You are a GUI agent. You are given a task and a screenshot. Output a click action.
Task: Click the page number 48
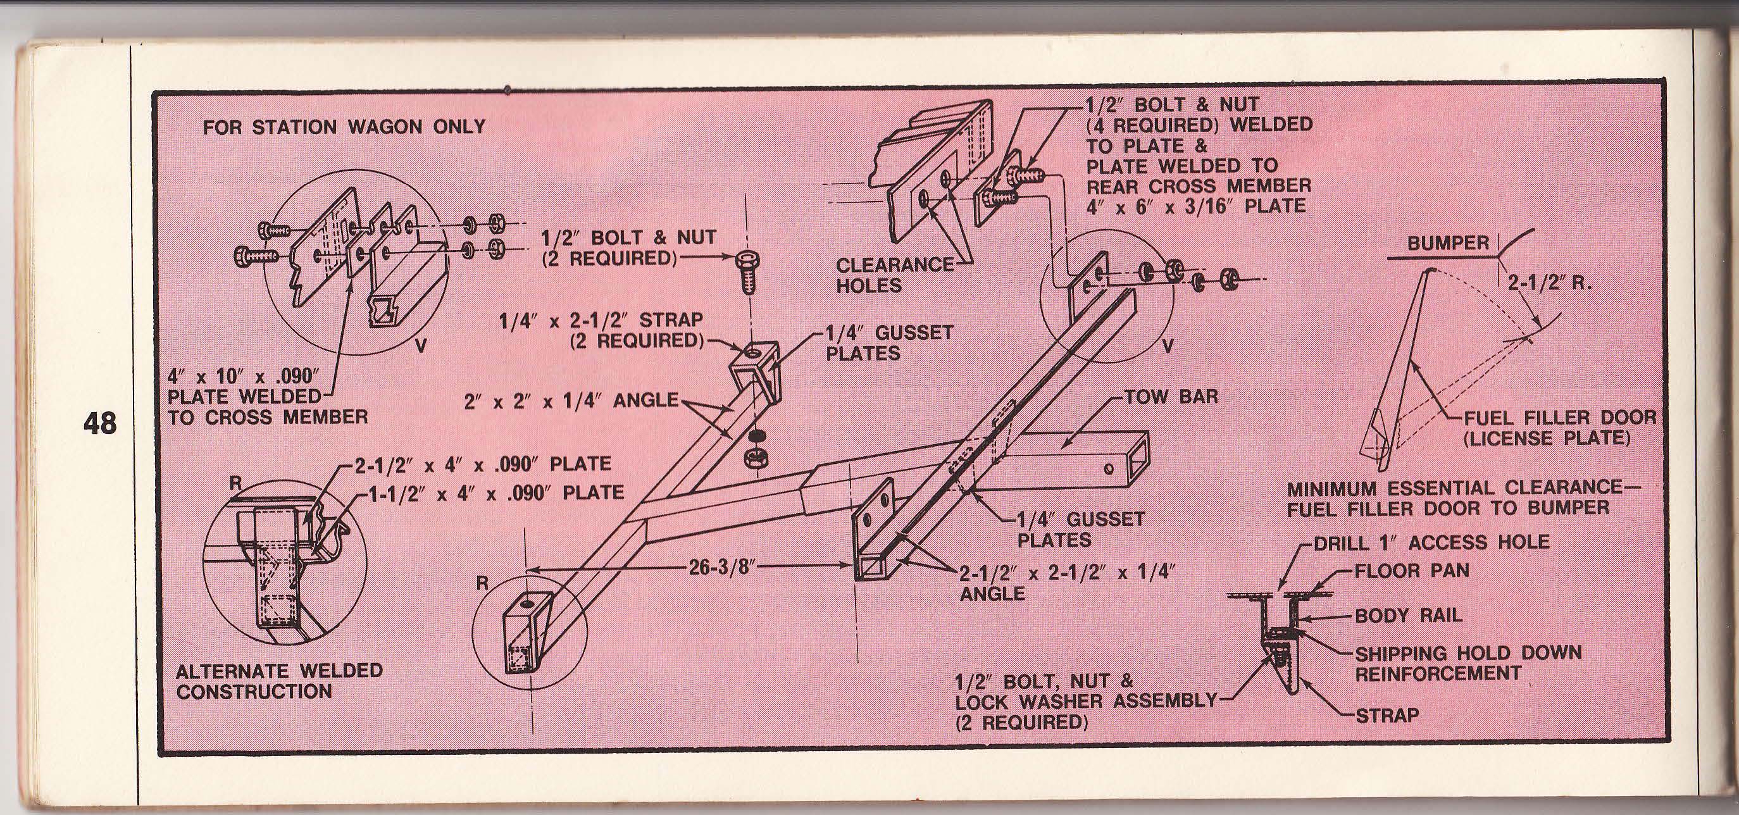(100, 423)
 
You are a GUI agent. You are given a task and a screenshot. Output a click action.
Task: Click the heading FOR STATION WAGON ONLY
(344, 127)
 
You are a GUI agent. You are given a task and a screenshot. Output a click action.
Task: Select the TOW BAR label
(1171, 396)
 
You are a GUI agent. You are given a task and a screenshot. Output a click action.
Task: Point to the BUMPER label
(1447, 244)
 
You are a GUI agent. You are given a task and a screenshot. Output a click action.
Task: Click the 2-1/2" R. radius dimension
(1549, 282)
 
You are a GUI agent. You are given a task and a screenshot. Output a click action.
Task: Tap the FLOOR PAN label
(1412, 571)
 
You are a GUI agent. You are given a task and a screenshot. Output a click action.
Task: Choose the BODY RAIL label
(1408, 616)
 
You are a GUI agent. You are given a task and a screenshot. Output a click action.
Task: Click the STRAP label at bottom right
(1387, 714)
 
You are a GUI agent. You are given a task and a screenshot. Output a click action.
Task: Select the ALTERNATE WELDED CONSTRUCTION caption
(279, 681)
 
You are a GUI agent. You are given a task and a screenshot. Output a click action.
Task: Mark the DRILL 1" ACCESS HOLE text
(1431, 542)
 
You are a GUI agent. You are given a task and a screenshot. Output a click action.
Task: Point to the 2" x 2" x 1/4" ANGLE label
(571, 401)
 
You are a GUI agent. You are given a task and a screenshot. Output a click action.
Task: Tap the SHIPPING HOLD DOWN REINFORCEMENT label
(1468, 663)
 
